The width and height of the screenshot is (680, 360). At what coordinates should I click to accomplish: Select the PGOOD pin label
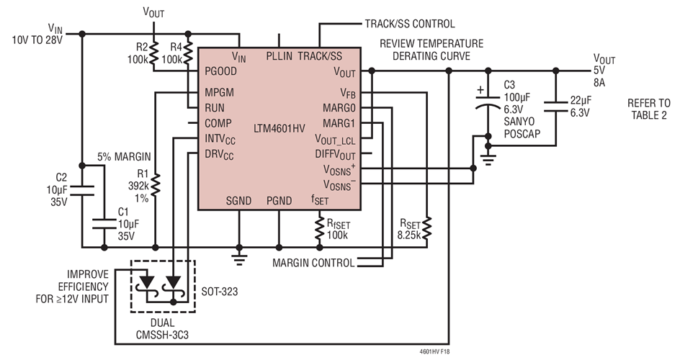click(220, 71)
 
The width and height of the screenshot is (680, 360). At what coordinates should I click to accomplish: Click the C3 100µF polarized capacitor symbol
click(489, 104)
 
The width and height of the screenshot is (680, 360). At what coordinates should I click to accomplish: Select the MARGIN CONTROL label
click(313, 263)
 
